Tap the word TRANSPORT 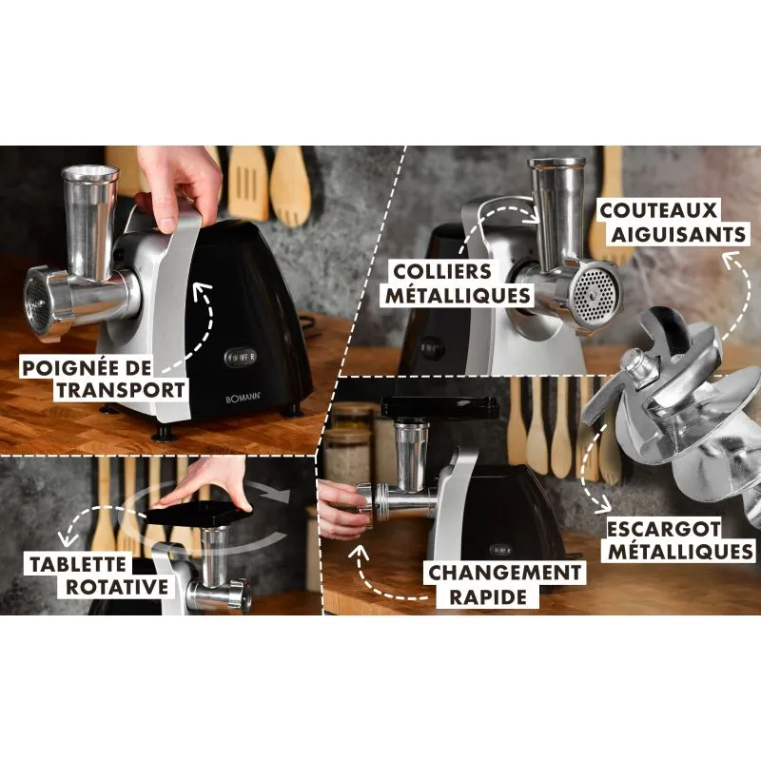[x=121, y=390]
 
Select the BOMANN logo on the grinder [x=244, y=399]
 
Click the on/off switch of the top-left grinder [x=241, y=358]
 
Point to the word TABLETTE [x=78, y=564]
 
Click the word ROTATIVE [x=117, y=587]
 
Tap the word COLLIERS [x=442, y=271]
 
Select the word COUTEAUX [x=658, y=210]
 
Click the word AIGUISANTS [x=678, y=234]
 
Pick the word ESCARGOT [x=664, y=529]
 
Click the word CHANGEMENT [x=505, y=574]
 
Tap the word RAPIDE [x=488, y=597]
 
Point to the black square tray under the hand [x=198, y=515]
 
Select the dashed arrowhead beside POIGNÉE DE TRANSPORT [x=202, y=290]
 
